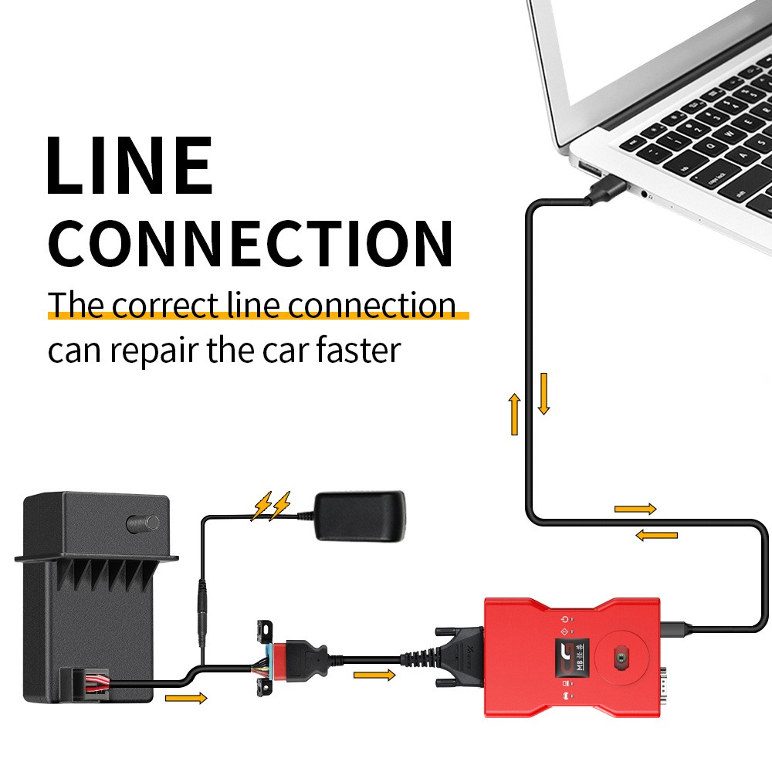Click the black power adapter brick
pyautogui.click(x=361, y=515)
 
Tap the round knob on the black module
pyautogui.click(x=144, y=523)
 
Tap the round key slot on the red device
pyautogui.click(x=620, y=657)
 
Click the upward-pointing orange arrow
pyautogui.click(x=515, y=413)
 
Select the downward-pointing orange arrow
pyautogui.click(x=543, y=393)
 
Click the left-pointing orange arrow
pyautogui.click(x=656, y=535)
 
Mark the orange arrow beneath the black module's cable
pyautogui.click(x=187, y=699)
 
